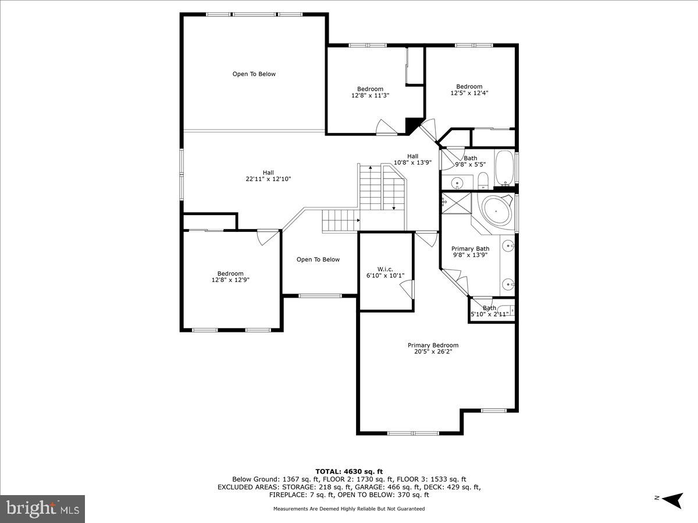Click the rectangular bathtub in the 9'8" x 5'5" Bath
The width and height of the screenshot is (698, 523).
(504, 167)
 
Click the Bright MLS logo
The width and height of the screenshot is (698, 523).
(42, 509)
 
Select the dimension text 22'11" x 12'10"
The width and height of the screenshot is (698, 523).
(268, 179)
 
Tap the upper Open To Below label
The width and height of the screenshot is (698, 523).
(254, 74)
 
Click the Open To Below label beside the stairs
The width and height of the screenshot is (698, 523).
(318, 259)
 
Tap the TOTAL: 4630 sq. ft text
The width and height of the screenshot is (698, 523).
(349, 471)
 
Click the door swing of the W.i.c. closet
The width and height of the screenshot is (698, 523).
(408, 289)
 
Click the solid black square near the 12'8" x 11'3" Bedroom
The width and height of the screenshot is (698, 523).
(412, 124)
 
